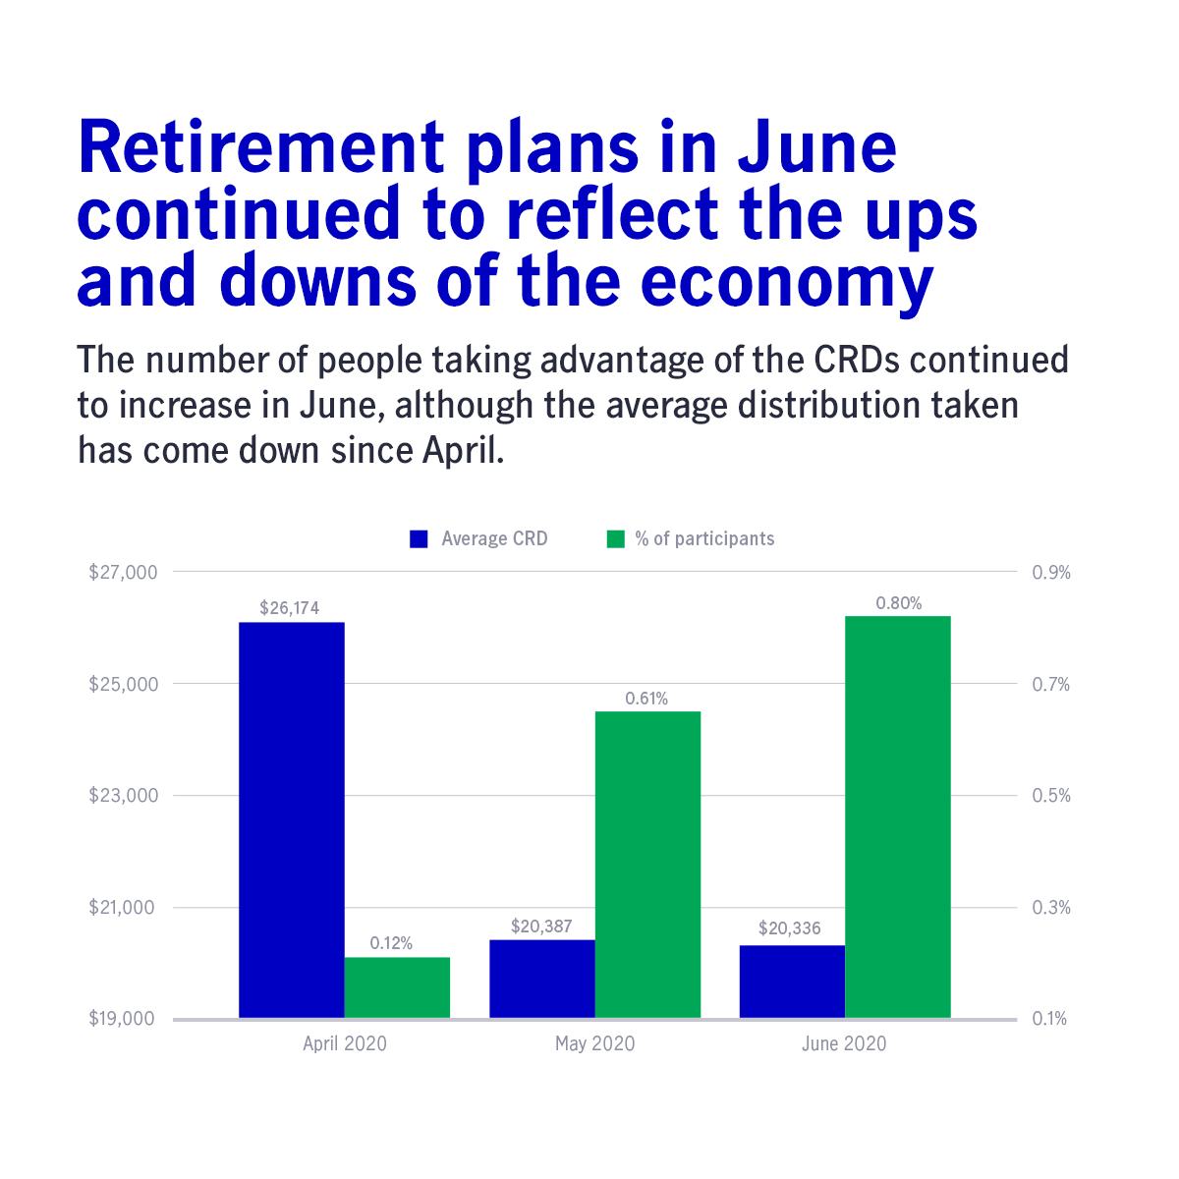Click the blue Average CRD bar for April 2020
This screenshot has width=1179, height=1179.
click(x=292, y=819)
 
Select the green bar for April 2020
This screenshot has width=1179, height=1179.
click(x=397, y=987)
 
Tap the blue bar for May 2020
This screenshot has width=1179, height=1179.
click(x=542, y=979)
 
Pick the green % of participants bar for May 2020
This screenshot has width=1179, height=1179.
click(x=647, y=865)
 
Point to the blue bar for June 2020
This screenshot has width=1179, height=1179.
click(x=792, y=982)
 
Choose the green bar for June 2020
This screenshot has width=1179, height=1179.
click(x=898, y=816)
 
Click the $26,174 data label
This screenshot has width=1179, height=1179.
click(x=290, y=608)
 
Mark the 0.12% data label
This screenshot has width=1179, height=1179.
click(x=391, y=943)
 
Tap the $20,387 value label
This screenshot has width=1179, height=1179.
click(x=541, y=926)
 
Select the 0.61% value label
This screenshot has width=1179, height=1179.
click(x=646, y=699)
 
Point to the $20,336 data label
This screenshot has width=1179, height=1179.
click(x=790, y=928)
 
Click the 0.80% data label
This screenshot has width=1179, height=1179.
click(x=899, y=603)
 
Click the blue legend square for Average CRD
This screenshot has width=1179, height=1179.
click(x=420, y=539)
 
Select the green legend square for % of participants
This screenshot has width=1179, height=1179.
click(x=616, y=539)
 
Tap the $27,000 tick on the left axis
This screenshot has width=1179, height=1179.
click(x=123, y=572)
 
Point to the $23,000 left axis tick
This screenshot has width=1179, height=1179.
click(x=123, y=795)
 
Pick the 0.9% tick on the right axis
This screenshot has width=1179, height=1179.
click(x=1051, y=572)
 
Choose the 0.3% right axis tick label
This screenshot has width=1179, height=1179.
click(x=1051, y=907)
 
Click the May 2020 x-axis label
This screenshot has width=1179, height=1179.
click(x=594, y=1043)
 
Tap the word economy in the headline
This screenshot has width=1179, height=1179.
click(x=786, y=281)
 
